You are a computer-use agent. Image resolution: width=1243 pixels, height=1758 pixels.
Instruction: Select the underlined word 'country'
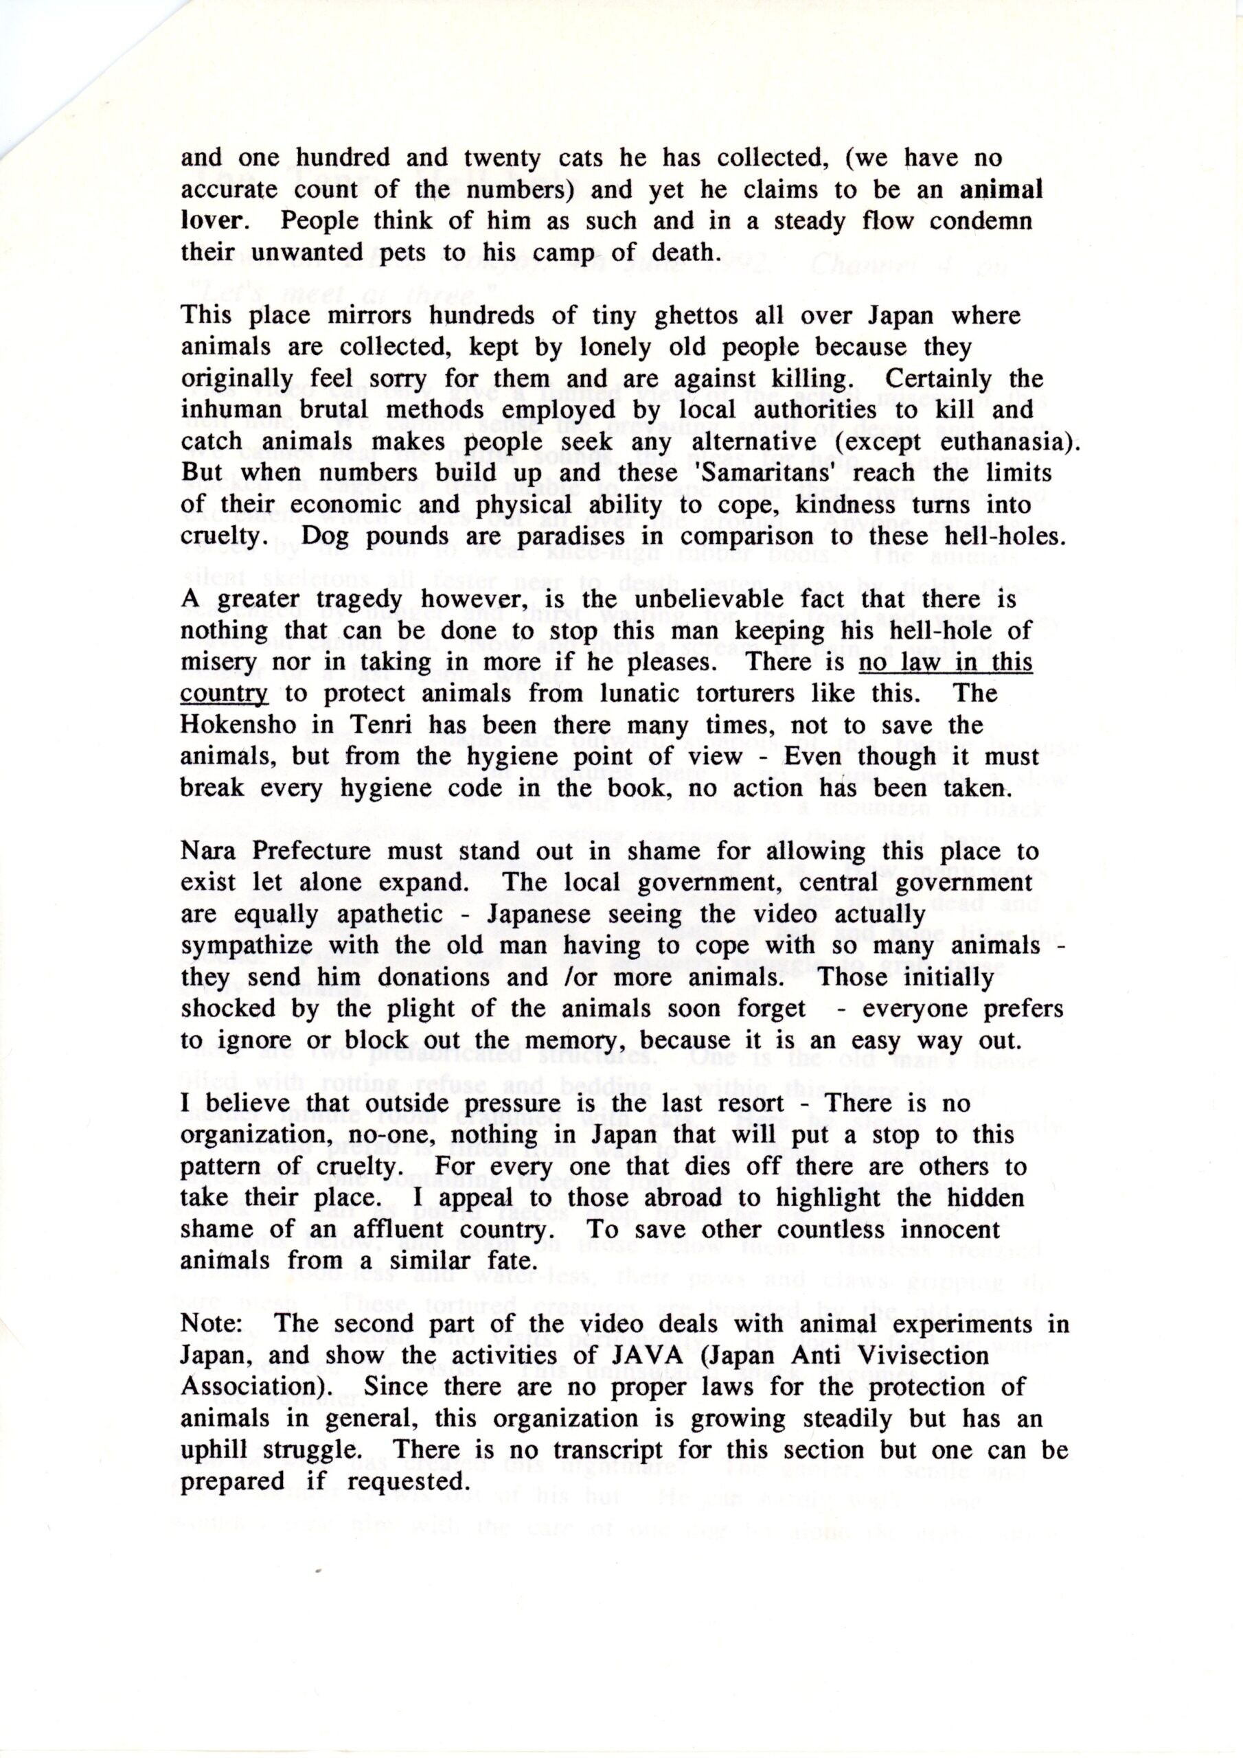225,694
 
